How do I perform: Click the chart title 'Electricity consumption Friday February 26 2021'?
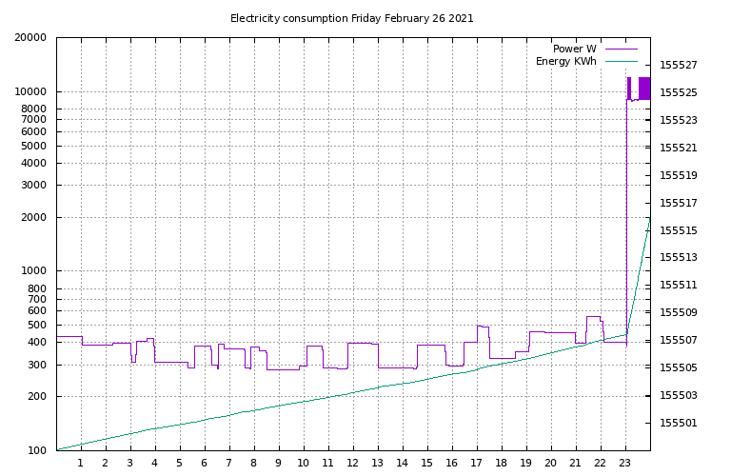[x=351, y=18]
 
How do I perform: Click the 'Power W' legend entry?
[x=574, y=49]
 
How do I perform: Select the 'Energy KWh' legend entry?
[x=565, y=62]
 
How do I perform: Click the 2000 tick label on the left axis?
[x=33, y=218]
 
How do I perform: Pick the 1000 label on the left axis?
[x=33, y=271]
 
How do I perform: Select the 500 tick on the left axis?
[x=36, y=326]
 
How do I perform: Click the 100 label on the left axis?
[x=36, y=450]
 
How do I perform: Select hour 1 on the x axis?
[x=81, y=464]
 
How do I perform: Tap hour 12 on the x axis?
[x=353, y=464]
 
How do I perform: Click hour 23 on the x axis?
[x=624, y=464]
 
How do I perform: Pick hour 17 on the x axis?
[x=476, y=464]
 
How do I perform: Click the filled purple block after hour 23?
[x=644, y=88]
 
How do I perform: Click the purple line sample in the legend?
[x=621, y=49]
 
